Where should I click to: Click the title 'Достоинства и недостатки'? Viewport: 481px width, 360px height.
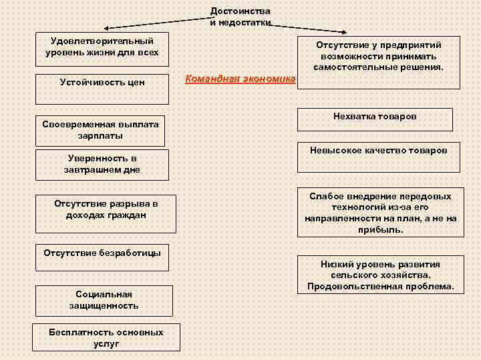click(240, 17)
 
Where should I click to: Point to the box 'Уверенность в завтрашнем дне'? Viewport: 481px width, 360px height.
click(102, 165)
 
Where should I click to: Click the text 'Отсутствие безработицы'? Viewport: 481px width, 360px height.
click(102, 253)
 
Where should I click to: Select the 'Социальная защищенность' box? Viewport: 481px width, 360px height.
click(104, 300)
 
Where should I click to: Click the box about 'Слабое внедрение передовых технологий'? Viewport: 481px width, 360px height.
click(380, 213)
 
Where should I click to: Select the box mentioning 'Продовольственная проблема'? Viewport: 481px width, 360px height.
click(380, 276)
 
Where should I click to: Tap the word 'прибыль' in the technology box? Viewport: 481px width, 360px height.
click(380, 229)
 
